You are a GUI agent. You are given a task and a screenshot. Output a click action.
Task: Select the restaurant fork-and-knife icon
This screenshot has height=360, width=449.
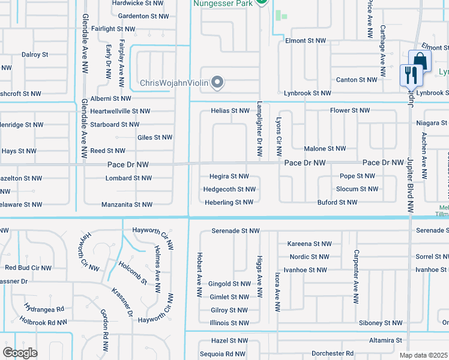pyautogui.click(x=411, y=74)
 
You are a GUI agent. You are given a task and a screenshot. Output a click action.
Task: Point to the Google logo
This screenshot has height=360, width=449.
pyautogui.click(x=20, y=353)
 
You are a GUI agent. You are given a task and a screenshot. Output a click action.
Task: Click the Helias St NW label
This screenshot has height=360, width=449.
pyautogui.click(x=230, y=111)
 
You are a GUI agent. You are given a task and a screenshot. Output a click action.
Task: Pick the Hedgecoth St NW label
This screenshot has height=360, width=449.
pyautogui.click(x=230, y=190)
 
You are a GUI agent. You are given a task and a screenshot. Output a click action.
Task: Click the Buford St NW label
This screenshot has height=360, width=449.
pyautogui.click(x=338, y=203)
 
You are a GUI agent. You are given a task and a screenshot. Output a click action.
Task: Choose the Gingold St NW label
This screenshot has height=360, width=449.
pyautogui.click(x=229, y=284)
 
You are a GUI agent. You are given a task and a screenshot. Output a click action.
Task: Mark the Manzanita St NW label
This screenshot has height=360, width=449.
pyautogui.click(x=127, y=205)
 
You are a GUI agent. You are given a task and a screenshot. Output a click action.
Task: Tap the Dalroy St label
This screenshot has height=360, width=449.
pyautogui.click(x=35, y=55)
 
